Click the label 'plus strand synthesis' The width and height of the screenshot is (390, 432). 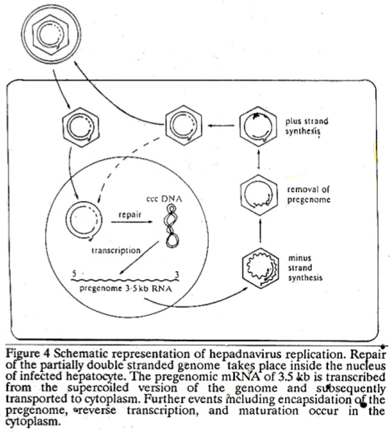307,126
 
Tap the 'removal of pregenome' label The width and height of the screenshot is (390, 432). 308,194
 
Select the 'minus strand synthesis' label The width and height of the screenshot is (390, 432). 305,268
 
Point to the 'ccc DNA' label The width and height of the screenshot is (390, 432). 164,199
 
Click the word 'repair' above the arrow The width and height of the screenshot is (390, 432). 130,214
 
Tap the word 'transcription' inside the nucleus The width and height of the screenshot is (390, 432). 116,250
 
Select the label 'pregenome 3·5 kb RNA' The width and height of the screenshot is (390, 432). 125,289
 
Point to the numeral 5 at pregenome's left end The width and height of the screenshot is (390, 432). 74,274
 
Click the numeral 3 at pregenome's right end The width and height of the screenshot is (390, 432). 177,274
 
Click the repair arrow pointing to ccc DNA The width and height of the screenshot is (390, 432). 131,222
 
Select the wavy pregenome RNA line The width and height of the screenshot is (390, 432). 125,280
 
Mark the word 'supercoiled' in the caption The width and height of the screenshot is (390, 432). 98,388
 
